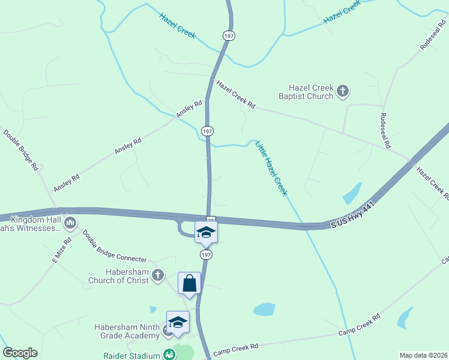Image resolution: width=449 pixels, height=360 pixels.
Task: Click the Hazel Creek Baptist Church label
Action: point(306,92)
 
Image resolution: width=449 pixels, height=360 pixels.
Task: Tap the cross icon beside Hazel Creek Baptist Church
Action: point(343,91)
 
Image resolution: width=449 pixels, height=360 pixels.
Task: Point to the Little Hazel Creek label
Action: point(271,168)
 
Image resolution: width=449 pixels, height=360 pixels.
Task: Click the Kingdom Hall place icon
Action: point(70,224)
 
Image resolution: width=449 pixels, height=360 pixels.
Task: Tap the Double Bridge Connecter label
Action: point(114,246)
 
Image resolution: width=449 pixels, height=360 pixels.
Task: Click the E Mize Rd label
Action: point(61,251)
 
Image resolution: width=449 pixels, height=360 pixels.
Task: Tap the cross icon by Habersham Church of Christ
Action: point(157,275)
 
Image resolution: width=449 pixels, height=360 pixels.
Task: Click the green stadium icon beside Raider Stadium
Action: point(169,355)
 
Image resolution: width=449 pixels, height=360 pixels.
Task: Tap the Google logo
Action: point(20,353)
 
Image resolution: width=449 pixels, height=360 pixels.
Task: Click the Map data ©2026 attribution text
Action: point(423,355)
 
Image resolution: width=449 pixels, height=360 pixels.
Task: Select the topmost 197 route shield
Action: point(228,35)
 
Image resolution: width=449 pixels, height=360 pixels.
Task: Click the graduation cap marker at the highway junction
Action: point(206,232)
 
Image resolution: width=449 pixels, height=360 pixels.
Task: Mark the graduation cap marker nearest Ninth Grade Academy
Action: point(178,322)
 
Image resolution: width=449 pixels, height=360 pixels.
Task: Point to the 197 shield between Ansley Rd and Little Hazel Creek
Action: point(207,131)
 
